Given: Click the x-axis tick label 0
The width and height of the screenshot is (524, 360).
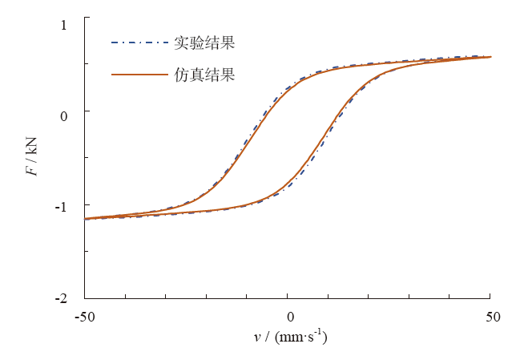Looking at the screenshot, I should [x=288, y=318].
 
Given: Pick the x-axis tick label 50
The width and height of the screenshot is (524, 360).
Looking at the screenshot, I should [x=490, y=318].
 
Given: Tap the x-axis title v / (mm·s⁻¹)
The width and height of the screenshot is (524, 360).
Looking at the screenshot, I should [x=289, y=338].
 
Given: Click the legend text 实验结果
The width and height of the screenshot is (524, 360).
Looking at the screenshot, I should [x=204, y=42].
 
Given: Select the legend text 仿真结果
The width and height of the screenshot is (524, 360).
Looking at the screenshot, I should [x=204, y=75].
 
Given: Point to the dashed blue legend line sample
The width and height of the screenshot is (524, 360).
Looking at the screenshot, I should [x=140, y=42].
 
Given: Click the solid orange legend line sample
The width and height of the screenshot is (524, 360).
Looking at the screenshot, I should [x=140, y=75].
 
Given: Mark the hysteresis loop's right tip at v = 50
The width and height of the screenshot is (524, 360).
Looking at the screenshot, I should [x=490, y=57].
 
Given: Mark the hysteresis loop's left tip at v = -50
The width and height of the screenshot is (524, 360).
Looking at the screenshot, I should [x=85, y=218].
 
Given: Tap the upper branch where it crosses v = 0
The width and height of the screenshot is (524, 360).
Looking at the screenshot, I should [x=288, y=87].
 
